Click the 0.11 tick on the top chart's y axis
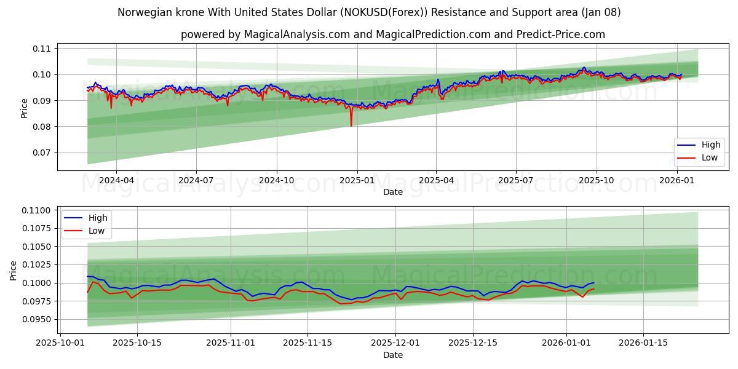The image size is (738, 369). coord(43,48)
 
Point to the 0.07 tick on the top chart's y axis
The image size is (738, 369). coord(43,153)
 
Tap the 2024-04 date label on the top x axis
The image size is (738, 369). coord(116,180)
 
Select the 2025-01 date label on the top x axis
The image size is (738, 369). coord(357,180)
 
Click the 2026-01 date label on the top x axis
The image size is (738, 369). coord(676,180)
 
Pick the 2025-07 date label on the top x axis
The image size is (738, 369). coord(515,180)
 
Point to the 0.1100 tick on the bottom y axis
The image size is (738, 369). coord(38,210)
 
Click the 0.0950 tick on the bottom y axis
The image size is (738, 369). coord(38,319)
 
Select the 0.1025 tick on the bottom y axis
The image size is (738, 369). coord(38,264)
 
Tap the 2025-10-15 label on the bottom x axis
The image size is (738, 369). coord(137,343)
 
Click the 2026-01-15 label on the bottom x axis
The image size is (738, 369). coord(643,343)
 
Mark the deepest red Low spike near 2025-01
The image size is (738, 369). coord(351,126)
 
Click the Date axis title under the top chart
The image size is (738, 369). coord(393,192)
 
